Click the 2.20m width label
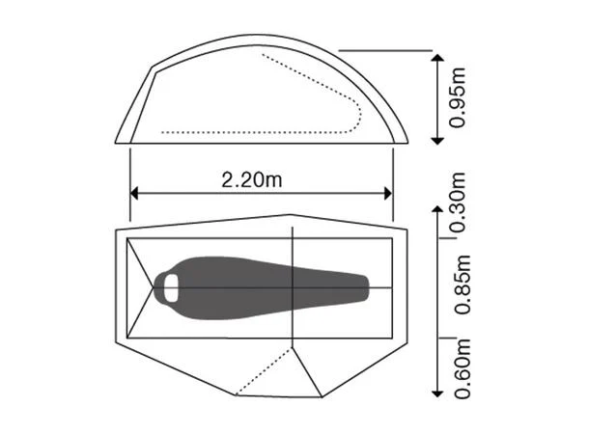(253, 178)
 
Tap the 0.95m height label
(461, 98)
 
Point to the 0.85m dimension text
(461, 285)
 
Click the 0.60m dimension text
(461, 367)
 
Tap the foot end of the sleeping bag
(365, 285)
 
